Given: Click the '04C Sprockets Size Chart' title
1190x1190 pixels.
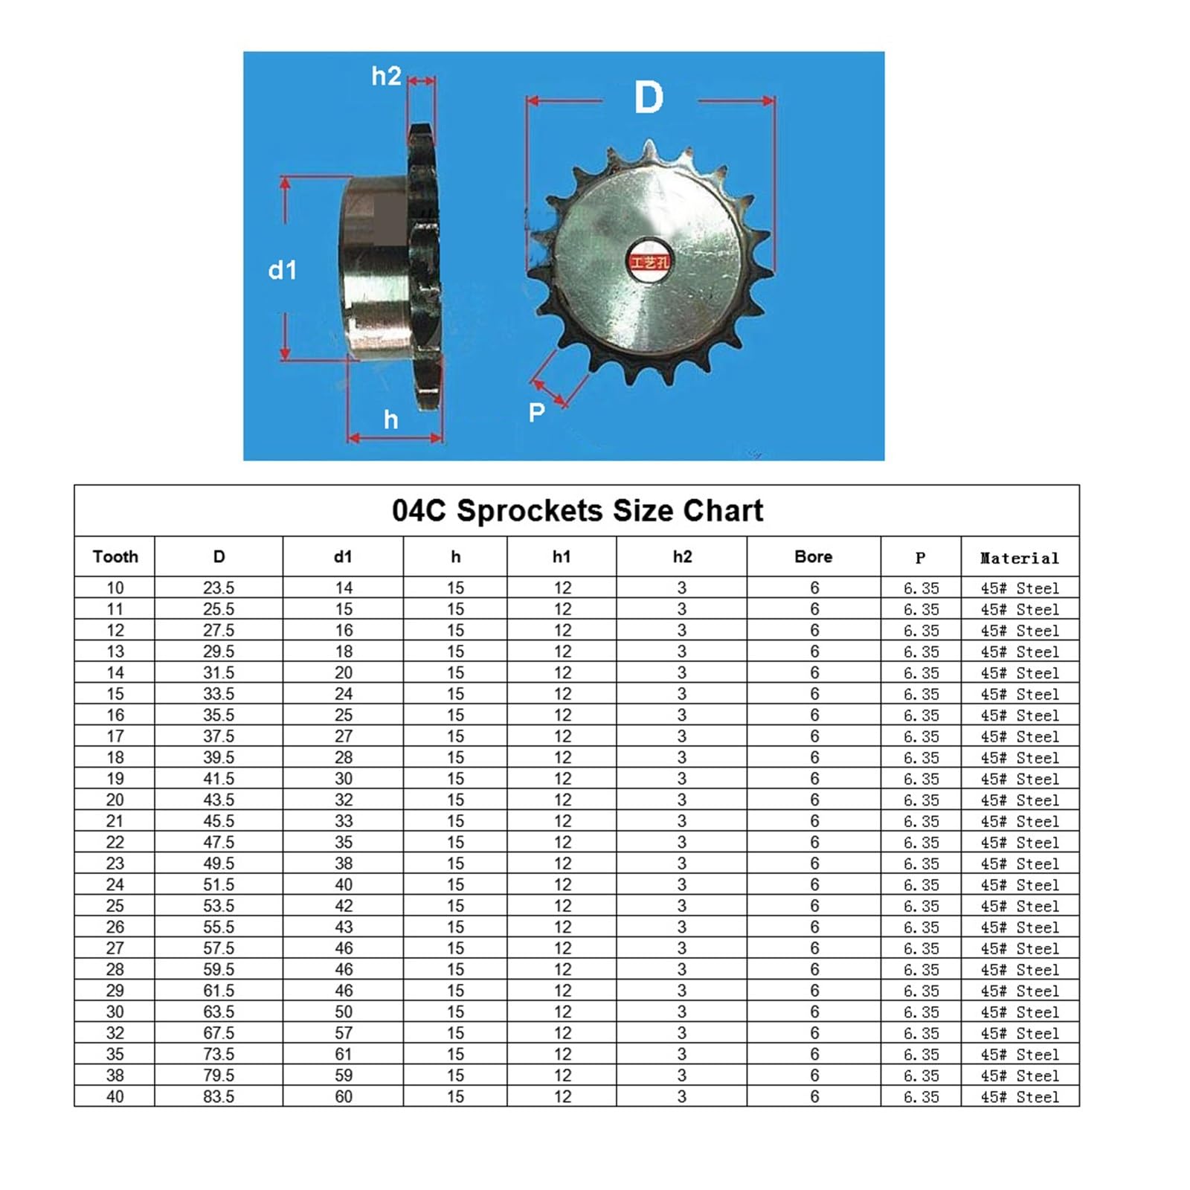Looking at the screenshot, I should click(577, 511).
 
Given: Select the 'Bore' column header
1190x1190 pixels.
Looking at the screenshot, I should click(813, 556).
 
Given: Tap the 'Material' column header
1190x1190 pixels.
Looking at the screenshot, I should click(1019, 558).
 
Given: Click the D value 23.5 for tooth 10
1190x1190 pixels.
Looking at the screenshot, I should click(219, 588).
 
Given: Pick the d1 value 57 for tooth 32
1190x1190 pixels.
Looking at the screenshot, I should click(343, 1033).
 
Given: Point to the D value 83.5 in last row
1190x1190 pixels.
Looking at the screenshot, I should click(219, 1096).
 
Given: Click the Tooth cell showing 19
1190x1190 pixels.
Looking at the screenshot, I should click(115, 779).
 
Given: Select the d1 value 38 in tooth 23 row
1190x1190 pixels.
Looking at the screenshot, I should click(343, 863).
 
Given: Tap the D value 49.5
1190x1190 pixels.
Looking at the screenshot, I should click(219, 863).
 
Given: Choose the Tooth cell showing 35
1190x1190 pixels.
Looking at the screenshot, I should click(115, 1054).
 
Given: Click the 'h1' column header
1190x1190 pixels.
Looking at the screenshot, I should click(562, 556).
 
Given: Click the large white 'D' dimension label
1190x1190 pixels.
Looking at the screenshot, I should click(649, 97).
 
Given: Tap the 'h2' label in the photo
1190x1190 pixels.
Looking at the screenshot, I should click(386, 76).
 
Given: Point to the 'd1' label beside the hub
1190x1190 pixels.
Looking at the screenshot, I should click(283, 270).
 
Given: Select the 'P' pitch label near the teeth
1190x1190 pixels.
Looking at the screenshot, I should click(536, 412).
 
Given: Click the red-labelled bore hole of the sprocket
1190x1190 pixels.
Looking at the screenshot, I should click(649, 261).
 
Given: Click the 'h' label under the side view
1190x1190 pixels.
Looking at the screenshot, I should click(390, 420).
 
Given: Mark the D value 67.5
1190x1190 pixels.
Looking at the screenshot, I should click(219, 1033).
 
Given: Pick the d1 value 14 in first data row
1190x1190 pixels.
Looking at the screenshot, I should click(343, 588).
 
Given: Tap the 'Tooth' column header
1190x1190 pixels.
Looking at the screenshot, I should click(115, 556).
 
